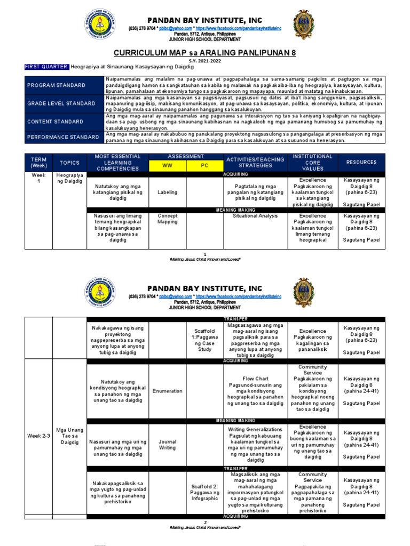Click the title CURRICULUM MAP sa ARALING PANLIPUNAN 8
tap(205, 53)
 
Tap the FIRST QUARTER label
tap(47, 67)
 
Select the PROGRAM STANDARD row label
tap(57, 85)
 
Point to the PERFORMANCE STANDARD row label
tap(63, 137)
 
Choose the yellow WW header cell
tap(168, 166)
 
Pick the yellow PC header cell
tap(204, 166)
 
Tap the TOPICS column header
tap(69, 162)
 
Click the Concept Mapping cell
tap(167, 219)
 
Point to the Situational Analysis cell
tap(255, 216)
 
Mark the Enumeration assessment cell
tap(167, 391)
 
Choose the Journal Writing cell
tap(167, 445)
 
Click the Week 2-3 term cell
tap(38, 436)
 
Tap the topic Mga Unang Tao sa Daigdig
tap(69, 436)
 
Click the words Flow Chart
tap(255, 379)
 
